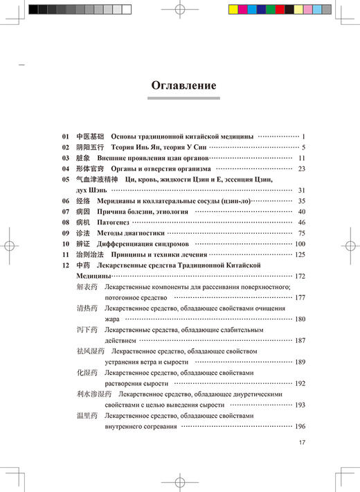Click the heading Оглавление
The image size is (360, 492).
183,86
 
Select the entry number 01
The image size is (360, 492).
66,136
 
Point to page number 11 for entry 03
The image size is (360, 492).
302,158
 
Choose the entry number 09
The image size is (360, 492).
66,234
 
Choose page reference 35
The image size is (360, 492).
302,201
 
